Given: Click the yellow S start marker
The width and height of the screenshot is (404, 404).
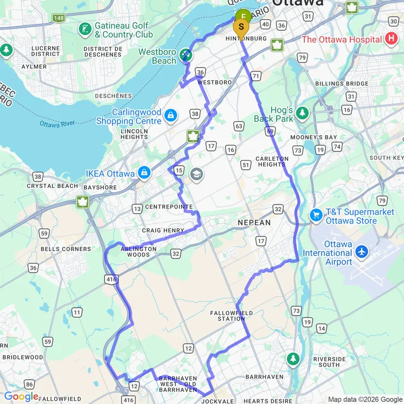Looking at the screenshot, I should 241,26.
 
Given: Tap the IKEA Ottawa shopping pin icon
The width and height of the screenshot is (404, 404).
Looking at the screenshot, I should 144,173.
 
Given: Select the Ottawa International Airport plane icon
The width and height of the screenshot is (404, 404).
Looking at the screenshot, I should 361,252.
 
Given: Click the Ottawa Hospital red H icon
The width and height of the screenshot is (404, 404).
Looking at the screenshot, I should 392,39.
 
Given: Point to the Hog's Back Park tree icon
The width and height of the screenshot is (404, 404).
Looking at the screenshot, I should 302,113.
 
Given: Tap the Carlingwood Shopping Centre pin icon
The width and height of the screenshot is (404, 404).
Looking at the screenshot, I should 171,115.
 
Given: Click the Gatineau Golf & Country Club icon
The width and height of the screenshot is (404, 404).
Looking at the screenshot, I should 85,29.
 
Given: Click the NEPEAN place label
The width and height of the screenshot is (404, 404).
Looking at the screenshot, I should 254,222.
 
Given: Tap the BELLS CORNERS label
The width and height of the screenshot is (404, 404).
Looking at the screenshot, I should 66,249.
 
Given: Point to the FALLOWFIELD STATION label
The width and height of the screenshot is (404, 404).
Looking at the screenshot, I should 232,316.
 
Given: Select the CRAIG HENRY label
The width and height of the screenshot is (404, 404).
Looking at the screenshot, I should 163,231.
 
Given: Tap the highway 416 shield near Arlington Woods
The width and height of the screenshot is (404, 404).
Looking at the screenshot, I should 112,279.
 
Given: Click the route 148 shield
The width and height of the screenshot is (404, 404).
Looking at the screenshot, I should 59,18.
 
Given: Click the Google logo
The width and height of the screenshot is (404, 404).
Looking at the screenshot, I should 22,396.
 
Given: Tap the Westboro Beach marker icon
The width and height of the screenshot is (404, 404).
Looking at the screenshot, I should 186,54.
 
